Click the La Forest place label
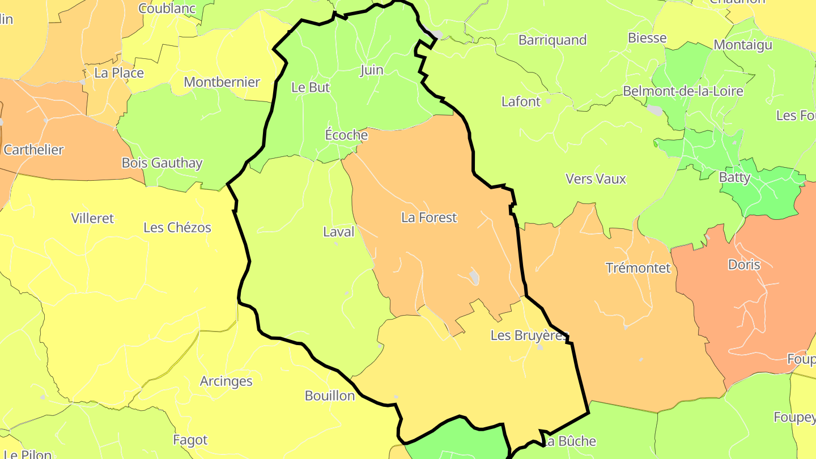(428, 218)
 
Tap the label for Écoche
(346, 135)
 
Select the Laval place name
(338, 232)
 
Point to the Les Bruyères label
(529, 335)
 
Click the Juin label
(372, 70)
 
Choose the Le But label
(310, 88)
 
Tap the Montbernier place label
(222, 82)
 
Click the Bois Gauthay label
(162, 163)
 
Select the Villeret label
(92, 218)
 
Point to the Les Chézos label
(177, 228)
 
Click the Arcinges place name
(226, 381)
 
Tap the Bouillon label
(330, 396)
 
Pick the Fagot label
(190, 440)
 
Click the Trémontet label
(638, 268)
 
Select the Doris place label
(744, 265)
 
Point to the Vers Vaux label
(596, 179)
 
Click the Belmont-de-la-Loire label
(683, 91)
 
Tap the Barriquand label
(552, 40)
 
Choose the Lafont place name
(521, 102)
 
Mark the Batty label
(734, 178)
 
